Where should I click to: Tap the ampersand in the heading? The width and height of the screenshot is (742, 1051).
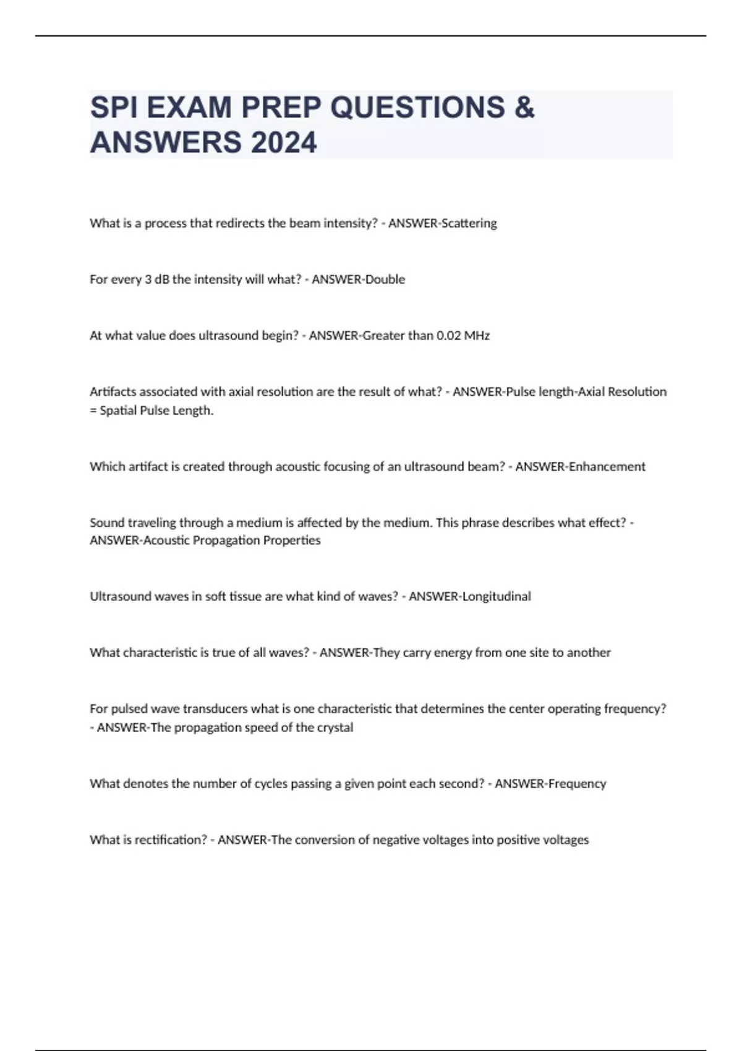[x=524, y=108]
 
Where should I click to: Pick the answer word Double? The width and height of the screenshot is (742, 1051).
[x=385, y=279]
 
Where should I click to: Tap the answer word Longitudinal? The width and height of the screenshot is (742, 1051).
[x=497, y=597]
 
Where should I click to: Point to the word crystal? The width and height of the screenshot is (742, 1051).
[x=335, y=728]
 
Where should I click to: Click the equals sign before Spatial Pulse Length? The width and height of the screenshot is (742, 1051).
[x=93, y=411]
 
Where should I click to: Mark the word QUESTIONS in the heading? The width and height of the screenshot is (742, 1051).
[x=417, y=108]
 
